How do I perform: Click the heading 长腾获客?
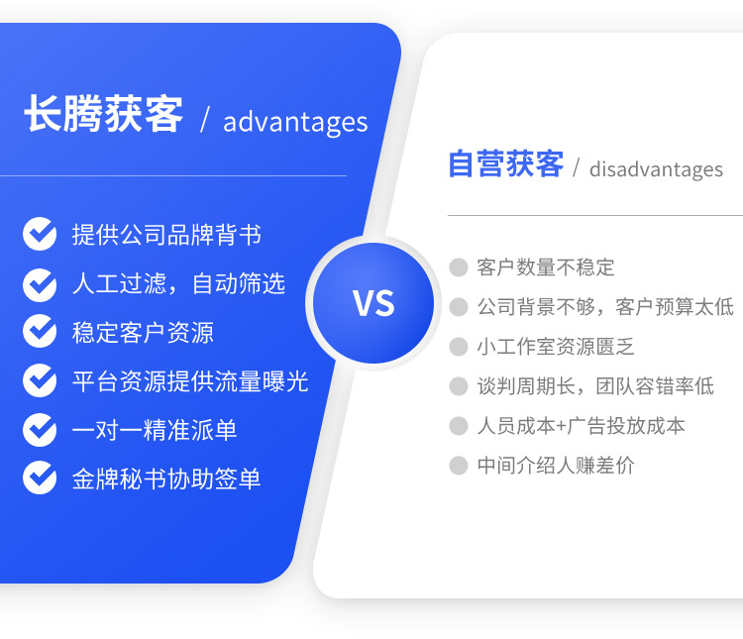click(103, 114)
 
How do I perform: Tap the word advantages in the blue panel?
click(295, 122)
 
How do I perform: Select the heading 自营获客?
click(506, 163)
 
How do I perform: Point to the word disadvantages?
click(656, 169)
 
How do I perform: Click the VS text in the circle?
click(373, 303)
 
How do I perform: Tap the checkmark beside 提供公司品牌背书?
click(40, 234)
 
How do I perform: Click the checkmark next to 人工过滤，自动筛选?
click(40, 284)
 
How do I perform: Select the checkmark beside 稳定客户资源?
click(40, 331)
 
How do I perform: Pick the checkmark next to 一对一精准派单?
click(40, 430)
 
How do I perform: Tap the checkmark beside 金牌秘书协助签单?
click(40, 478)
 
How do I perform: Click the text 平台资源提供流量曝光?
click(190, 381)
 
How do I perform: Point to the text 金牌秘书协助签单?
click(166, 479)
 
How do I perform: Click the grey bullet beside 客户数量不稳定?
click(459, 266)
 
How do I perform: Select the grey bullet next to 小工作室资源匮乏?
click(459, 347)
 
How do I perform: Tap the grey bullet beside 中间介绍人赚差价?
click(459, 465)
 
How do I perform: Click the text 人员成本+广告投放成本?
click(581, 426)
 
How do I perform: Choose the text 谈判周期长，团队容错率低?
click(595, 385)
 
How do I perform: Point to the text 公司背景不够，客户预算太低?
click(605, 307)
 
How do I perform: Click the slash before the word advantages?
click(205, 120)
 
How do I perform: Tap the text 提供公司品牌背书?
click(166, 235)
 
